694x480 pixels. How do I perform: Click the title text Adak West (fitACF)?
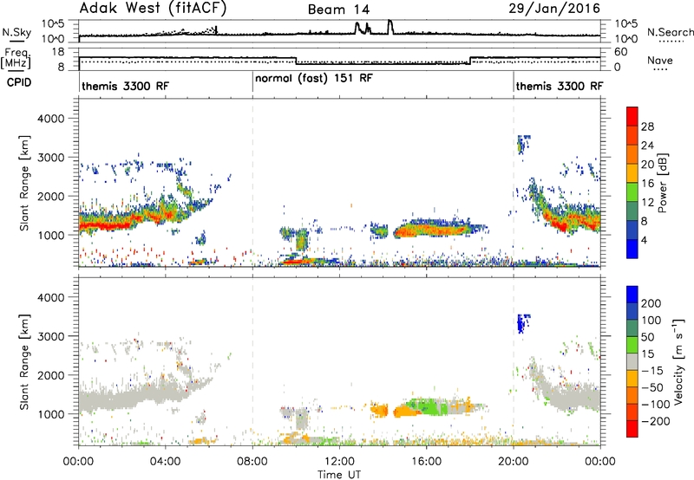point(153,9)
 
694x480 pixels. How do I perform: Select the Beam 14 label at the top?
point(338,10)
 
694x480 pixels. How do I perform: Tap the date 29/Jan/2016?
point(554,9)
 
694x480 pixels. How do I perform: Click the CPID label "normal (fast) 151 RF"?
point(314,79)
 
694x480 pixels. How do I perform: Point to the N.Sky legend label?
point(16,32)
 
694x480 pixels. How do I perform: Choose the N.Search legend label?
point(670,32)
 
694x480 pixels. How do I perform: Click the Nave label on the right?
point(660,60)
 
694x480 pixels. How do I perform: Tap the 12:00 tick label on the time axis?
point(339,462)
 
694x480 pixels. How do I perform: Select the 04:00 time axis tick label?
point(165,462)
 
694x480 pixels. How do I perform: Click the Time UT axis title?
point(339,475)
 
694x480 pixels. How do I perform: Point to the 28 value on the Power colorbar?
point(647,126)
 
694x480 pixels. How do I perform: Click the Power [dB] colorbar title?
point(662,183)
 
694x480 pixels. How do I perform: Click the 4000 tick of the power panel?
point(51,119)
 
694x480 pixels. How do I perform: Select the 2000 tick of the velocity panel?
point(51,375)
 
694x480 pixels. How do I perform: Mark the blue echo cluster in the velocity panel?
point(523,323)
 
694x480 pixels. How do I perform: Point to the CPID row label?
point(19,82)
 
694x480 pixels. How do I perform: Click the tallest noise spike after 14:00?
point(390,27)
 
